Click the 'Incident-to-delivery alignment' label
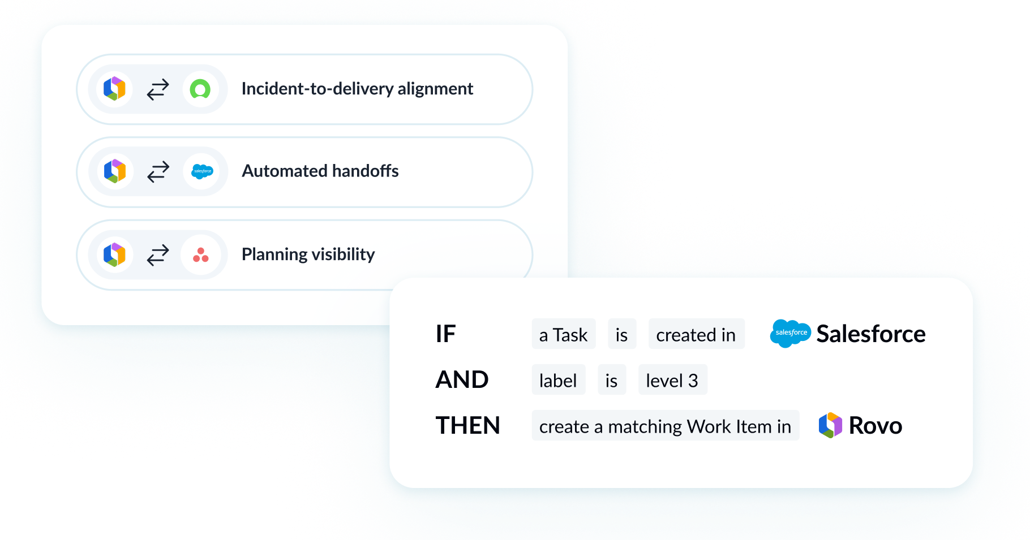pos(357,89)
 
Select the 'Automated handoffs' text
pos(320,171)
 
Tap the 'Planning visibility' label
pos(308,254)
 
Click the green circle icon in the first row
pos(200,89)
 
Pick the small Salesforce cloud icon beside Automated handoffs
pos(202,171)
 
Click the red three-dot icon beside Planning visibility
pos(200,255)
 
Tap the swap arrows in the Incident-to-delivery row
pos(158,89)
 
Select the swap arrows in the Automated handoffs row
pos(158,171)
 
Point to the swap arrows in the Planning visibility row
pos(158,255)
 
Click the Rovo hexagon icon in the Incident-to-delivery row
pos(114,89)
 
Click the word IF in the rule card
pos(445,334)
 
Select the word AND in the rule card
pos(462,380)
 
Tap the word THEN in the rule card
pos(467,426)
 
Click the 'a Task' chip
pos(563,335)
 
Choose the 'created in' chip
pos(696,335)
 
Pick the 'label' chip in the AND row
pos(557,381)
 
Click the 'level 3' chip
pos(672,381)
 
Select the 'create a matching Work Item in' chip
pos(665,426)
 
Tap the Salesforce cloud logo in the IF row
pos(791,333)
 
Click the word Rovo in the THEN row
pos(875,426)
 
